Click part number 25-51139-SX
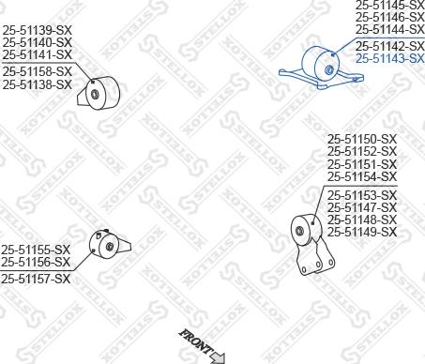37,30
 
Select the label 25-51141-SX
37,53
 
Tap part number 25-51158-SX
37,71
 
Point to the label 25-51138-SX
37,83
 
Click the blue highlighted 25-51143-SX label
389,57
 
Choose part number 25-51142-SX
389,46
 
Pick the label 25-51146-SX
389,17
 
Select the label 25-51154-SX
362,176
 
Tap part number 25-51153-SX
362,195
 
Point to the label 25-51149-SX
362,231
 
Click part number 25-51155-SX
36,250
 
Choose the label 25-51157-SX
36,279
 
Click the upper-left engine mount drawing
101,93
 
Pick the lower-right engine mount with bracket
307,238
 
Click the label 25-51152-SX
362,152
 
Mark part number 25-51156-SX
36,262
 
